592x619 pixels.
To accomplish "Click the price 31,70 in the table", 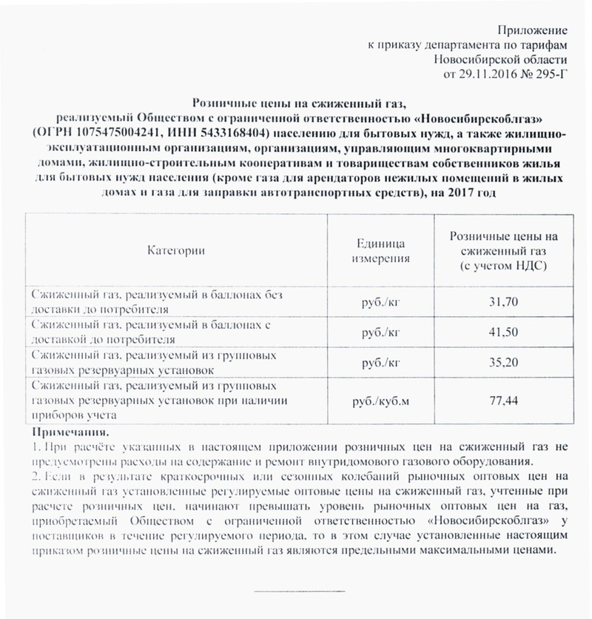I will coord(502,301).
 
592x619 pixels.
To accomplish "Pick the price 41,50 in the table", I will coord(502,332).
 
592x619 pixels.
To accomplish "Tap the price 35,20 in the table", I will coord(502,362).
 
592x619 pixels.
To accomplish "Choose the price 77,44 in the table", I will coord(502,401).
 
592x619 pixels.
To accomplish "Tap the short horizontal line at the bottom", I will coord(299,591).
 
